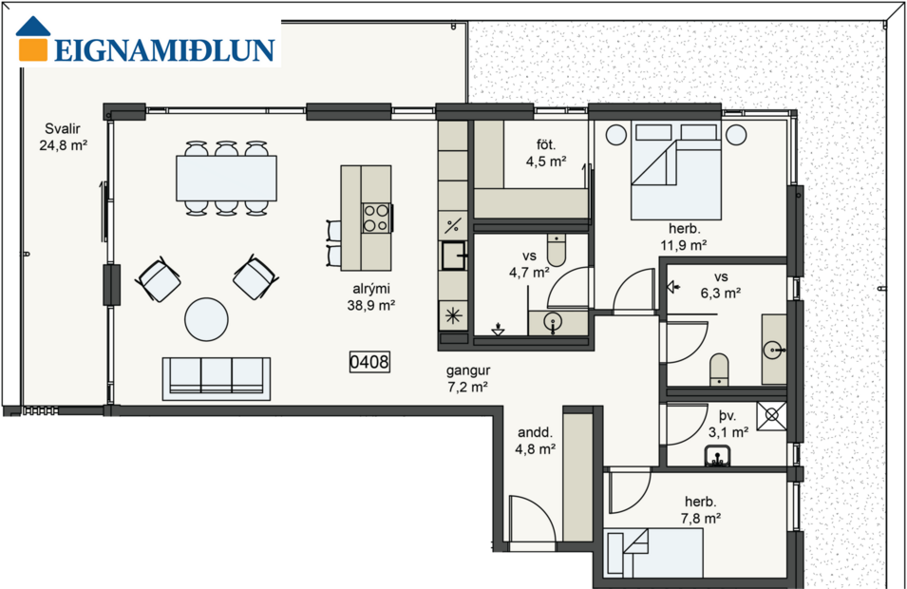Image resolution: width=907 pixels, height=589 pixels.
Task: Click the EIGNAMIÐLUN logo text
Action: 164,50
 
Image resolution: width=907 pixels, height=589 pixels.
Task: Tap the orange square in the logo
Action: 34,48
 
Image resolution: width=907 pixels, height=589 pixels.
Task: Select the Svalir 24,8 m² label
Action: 65,138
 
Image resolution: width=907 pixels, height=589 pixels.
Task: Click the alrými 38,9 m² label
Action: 370,298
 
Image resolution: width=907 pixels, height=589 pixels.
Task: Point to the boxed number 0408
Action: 369,362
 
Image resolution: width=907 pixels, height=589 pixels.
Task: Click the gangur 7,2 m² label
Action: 466,379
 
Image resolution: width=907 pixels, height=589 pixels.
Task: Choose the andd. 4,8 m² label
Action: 535,442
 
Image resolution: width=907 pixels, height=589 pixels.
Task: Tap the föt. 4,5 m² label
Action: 546,153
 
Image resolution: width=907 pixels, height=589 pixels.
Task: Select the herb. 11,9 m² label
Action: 684,237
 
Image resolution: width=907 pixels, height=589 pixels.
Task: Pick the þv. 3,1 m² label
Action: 728,423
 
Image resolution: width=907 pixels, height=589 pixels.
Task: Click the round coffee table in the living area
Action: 206,320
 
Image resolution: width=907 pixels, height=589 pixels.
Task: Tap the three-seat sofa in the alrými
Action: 217,377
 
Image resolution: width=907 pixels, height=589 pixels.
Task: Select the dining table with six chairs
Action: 226,179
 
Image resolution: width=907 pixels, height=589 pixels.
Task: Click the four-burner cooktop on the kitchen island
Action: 376,218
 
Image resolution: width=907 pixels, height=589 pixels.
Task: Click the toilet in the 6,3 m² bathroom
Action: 719,370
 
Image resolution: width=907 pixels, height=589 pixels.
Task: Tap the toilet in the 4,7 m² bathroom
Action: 557,251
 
